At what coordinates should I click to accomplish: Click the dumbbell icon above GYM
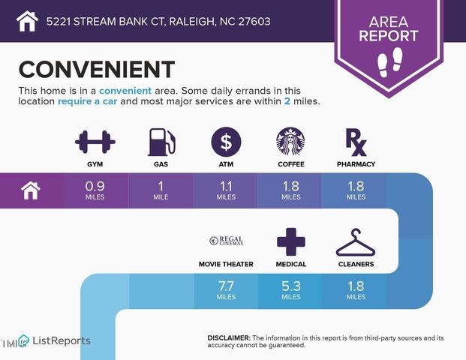click(x=95, y=141)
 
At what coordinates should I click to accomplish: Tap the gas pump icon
click(x=161, y=141)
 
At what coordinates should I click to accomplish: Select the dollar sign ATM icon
click(x=226, y=141)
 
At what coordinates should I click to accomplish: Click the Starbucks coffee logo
click(x=290, y=141)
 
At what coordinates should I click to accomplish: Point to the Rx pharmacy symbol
click(x=355, y=140)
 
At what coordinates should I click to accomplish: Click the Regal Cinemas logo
click(x=226, y=241)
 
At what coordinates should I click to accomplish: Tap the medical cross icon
click(x=291, y=241)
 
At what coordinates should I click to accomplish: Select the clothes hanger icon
click(x=356, y=241)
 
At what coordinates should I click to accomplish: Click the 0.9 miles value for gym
click(x=95, y=190)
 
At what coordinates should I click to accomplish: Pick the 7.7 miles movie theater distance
click(x=226, y=290)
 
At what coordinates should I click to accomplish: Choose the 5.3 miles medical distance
click(x=291, y=290)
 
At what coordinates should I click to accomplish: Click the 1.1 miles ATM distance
click(x=226, y=190)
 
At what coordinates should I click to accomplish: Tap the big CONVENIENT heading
click(x=96, y=69)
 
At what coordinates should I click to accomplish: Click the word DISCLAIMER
click(x=229, y=339)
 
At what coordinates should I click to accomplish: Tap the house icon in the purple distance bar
click(x=31, y=190)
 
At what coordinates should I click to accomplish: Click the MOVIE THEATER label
click(x=226, y=264)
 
